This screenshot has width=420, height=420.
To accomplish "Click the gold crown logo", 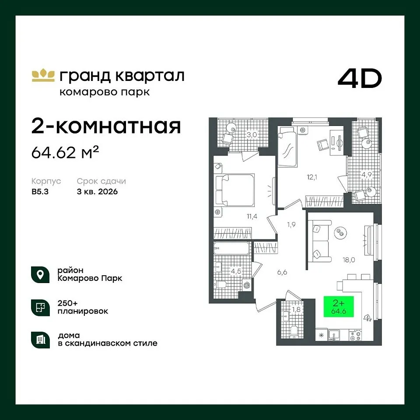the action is tap(43, 75).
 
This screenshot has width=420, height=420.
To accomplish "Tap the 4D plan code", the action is tap(360, 78).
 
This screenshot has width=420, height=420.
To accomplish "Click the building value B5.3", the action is tap(40, 192).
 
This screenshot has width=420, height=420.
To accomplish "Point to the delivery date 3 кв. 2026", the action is tap(97, 192).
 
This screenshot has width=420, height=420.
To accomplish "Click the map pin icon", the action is tap(40, 275).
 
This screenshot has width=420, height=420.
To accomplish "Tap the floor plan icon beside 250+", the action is tap(40, 308).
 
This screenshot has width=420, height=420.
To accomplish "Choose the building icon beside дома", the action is tap(40, 340).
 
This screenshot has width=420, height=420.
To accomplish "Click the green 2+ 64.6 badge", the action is tap(339, 306).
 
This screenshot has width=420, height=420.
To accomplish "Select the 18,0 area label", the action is tap(349, 259).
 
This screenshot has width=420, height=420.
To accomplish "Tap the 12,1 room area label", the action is tap(312, 177).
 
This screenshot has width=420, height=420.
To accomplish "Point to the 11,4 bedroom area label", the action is tap(252, 216).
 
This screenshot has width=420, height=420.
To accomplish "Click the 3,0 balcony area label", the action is tap(252, 135).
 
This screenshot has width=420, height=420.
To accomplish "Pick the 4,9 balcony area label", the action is tap(367, 175).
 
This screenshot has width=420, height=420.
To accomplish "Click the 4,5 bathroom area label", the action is tap(236, 271).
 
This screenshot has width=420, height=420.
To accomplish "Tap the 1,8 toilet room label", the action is tap(296, 310).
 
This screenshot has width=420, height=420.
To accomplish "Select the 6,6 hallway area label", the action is tap(282, 273).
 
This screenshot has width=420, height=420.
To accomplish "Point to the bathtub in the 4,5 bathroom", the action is tap(231, 248).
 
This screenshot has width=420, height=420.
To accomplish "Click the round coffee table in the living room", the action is tap(340, 232).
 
